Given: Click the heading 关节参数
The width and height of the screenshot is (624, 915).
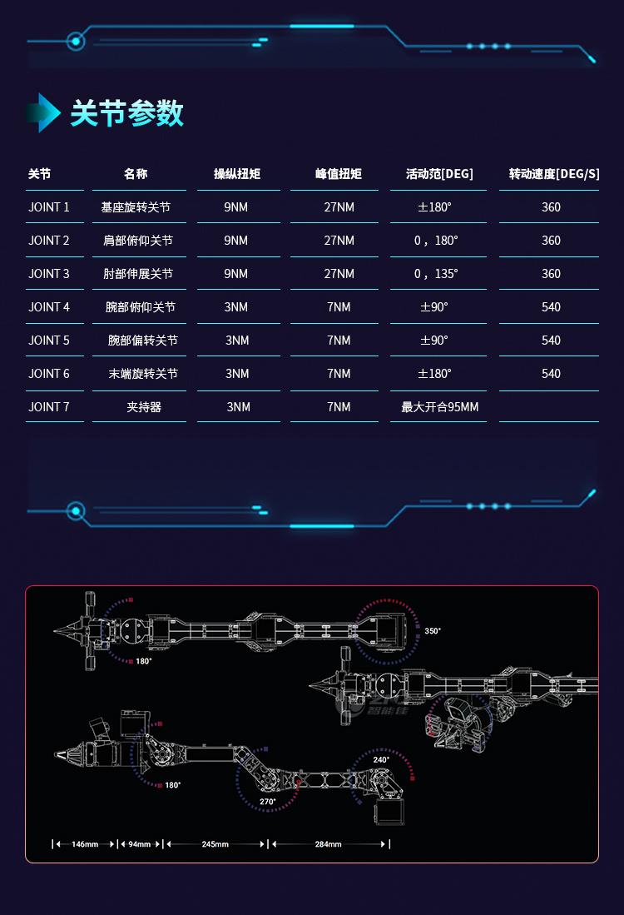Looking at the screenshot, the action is [x=126, y=112].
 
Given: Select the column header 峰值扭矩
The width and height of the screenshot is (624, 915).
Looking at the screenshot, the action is [x=339, y=174].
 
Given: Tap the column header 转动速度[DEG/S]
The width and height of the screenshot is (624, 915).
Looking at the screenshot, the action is [x=554, y=174].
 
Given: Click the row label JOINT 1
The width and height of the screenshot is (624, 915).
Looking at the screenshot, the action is [x=49, y=207].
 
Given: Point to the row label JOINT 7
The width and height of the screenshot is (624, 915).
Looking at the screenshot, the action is [x=49, y=407].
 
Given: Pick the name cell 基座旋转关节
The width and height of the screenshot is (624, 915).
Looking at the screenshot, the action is [x=136, y=207].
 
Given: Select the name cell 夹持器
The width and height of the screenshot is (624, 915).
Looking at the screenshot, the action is [x=144, y=407].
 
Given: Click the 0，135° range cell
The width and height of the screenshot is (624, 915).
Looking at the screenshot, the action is [x=436, y=274].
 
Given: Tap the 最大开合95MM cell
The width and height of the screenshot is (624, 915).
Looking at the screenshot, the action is [x=440, y=407].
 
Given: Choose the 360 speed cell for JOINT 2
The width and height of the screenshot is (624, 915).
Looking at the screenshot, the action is [x=551, y=241].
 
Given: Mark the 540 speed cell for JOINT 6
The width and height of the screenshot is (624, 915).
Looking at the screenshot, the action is [x=551, y=374].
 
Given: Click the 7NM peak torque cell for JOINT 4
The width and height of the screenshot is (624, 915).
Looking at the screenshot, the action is [x=339, y=307].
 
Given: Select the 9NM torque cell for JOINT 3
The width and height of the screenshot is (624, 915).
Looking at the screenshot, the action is [x=236, y=274].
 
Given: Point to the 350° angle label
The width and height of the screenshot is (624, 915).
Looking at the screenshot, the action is [x=433, y=631].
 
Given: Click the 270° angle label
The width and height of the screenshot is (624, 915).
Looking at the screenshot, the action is [x=268, y=801].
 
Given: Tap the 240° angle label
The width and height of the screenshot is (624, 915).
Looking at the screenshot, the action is [x=381, y=759].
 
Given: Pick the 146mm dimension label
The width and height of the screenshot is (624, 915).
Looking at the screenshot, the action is [x=85, y=843].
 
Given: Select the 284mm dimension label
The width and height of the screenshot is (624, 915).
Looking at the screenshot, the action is [x=329, y=843].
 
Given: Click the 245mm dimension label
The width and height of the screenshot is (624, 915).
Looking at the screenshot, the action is [x=215, y=843].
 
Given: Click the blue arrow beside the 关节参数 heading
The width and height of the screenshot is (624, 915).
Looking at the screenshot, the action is [x=44, y=112].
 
